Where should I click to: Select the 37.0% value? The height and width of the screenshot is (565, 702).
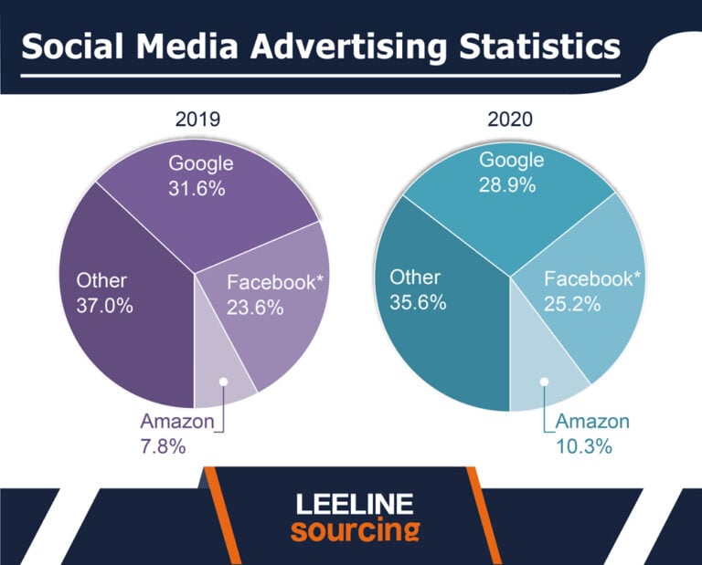103,306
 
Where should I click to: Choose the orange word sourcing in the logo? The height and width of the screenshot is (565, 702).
355,530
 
